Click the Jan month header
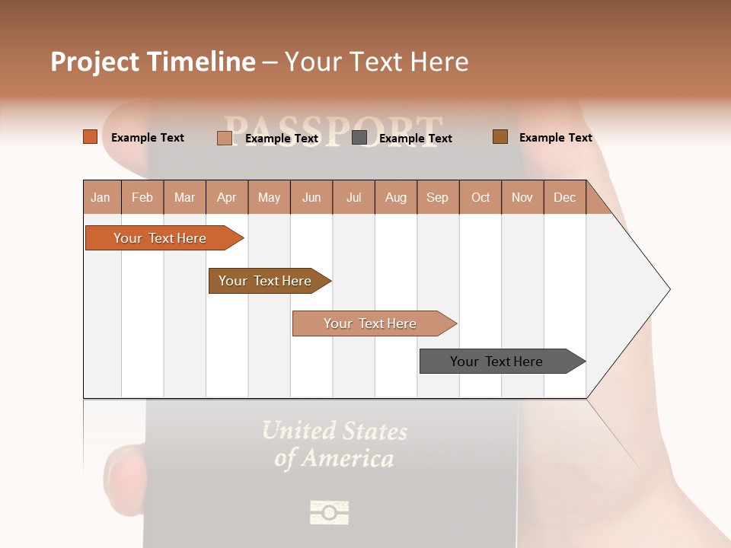pyautogui.click(x=101, y=198)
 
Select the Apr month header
pyautogui.click(x=227, y=198)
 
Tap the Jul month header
pyautogui.click(x=354, y=198)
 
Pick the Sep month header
pyautogui.click(x=438, y=198)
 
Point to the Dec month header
pyautogui.click(x=565, y=198)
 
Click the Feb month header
pyautogui.click(x=142, y=198)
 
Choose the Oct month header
pyautogui.click(x=480, y=198)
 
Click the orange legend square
pyautogui.click(x=91, y=137)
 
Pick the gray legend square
pyautogui.click(x=359, y=138)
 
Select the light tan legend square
pyautogui.click(x=225, y=138)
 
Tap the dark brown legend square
pyautogui.click(x=500, y=137)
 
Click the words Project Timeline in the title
pyautogui.click(x=153, y=62)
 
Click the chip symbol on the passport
pyautogui.click(x=330, y=512)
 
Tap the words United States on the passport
pyautogui.click(x=335, y=432)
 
